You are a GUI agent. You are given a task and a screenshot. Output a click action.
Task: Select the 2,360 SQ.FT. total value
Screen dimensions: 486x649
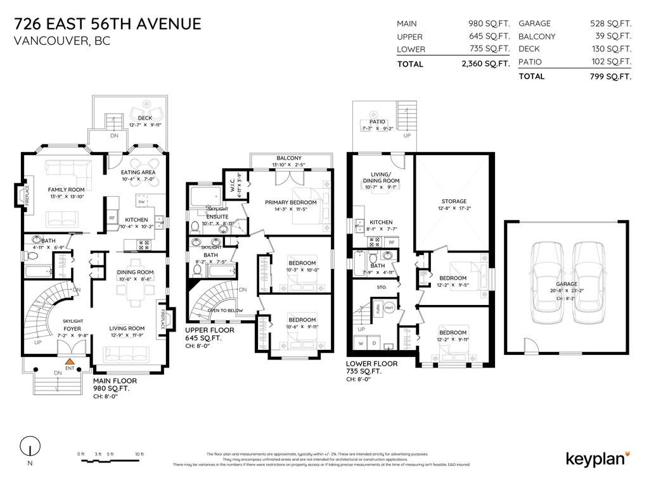coord(485,64)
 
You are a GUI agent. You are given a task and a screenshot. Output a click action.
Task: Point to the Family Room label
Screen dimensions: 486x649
coord(67,189)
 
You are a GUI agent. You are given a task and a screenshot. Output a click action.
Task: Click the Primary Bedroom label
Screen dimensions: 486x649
coord(290,202)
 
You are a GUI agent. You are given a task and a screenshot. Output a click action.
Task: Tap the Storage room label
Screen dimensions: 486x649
coord(454,201)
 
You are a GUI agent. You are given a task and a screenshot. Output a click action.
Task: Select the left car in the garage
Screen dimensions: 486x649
coord(545,279)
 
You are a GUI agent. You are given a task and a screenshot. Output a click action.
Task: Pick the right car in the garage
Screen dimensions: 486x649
coord(588,279)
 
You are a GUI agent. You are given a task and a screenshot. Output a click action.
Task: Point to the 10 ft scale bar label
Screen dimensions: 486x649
coord(139,454)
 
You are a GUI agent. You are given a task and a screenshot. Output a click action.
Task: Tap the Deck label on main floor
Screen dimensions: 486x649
coord(145,118)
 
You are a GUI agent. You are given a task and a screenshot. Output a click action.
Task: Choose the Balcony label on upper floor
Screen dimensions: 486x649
coord(289,158)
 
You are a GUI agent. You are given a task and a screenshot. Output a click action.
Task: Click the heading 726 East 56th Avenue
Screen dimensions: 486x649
coord(107,24)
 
